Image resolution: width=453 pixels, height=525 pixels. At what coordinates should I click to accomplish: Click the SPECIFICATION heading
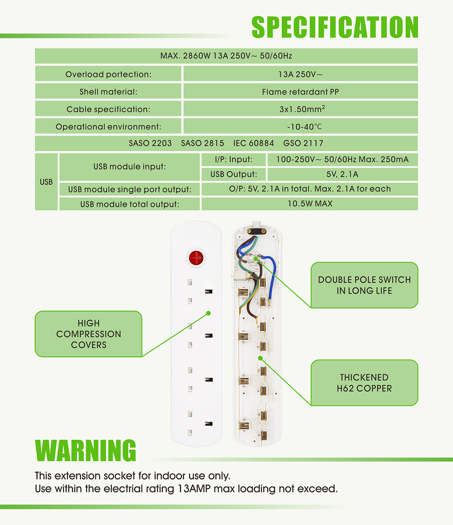(335, 27)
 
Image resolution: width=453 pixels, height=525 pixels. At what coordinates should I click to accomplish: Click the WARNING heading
(86, 450)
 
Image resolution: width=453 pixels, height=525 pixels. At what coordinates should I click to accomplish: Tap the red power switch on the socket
(196, 258)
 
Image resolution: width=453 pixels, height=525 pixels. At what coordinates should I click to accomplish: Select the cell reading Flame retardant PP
(300, 92)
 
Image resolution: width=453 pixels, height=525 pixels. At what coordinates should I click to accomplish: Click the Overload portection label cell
(108, 74)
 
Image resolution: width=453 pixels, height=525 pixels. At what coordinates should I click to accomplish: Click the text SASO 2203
(150, 143)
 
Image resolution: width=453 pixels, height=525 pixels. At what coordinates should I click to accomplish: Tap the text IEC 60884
(253, 143)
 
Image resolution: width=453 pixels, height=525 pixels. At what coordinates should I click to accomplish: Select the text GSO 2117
(303, 143)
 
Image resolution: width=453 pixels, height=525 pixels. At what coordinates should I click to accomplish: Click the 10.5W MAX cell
(310, 204)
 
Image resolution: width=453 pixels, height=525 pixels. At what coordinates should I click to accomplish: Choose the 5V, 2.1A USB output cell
(342, 174)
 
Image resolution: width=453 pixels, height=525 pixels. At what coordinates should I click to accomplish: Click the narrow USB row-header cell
(46, 182)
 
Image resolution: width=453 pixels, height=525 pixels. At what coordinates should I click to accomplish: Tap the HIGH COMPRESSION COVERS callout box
(89, 334)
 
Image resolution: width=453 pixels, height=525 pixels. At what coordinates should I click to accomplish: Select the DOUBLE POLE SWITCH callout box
(364, 285)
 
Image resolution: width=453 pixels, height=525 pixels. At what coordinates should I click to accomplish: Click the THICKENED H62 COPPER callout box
(364, 383)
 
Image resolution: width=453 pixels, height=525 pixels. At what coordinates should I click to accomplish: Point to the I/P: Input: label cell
(234, 160)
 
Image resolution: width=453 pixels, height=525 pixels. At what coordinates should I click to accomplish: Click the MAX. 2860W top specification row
(226, 56)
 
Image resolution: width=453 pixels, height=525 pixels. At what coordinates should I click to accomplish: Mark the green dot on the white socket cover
(208, 313)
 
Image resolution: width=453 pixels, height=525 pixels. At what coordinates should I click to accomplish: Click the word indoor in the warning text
(166, 476)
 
